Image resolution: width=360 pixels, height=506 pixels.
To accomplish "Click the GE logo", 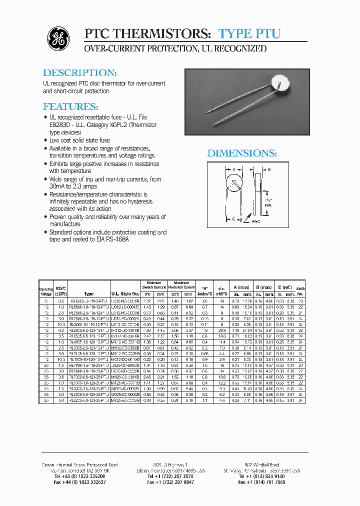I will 58,38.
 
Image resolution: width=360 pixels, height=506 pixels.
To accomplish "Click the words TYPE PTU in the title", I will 249,34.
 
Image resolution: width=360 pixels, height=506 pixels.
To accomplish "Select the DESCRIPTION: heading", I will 80,72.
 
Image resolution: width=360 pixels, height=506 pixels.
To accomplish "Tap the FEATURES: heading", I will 70,106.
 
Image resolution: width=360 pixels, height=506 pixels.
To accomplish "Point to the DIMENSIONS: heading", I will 242,153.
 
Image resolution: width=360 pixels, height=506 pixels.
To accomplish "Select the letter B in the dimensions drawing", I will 269,170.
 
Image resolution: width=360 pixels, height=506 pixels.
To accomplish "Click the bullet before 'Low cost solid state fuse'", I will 45,140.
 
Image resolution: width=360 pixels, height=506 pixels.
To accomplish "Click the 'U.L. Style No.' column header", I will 125,294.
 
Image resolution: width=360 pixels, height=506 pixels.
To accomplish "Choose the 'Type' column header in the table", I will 89,294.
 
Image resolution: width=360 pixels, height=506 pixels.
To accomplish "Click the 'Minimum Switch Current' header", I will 154,285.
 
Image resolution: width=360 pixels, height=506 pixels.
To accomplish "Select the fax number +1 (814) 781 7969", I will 262,482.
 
